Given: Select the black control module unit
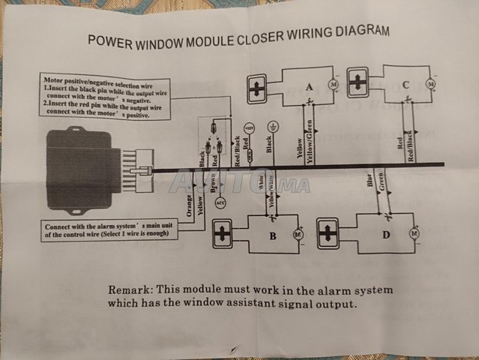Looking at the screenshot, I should coord(82,164).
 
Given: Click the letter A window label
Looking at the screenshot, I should coord(310,88).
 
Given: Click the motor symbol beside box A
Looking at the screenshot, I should coord(335,88).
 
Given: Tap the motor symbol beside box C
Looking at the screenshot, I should coord(430,84).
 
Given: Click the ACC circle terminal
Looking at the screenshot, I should coord(220,203).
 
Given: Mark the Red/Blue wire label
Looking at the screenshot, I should coord(410,144).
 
